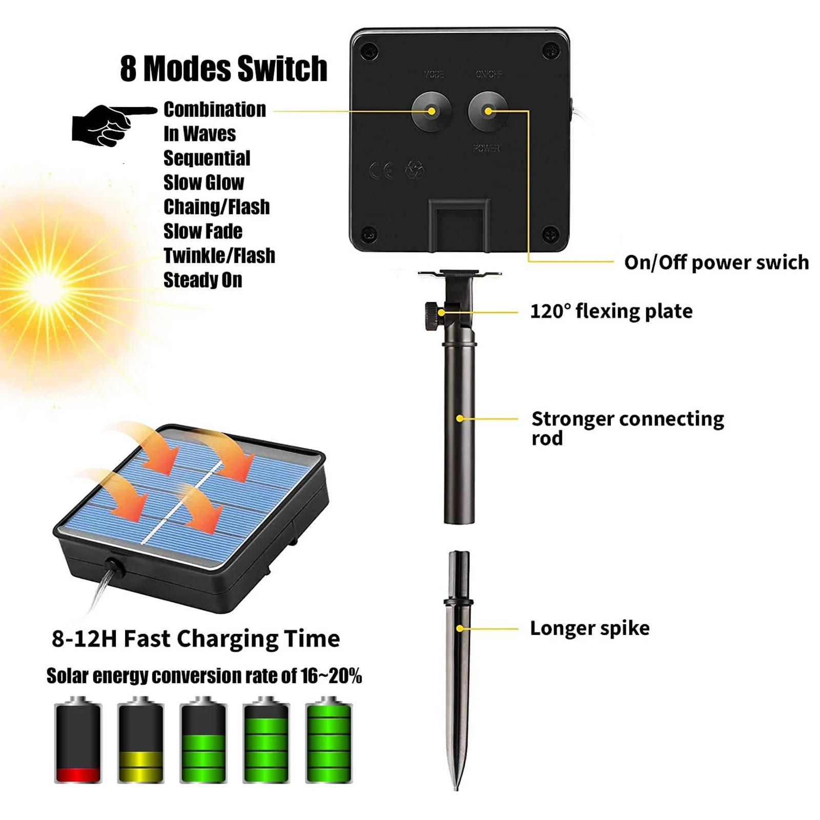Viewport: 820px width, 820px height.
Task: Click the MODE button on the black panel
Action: pos(432,111)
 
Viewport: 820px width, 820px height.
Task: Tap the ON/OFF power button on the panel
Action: pos(488,111)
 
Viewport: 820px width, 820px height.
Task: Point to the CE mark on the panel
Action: pos(382,170)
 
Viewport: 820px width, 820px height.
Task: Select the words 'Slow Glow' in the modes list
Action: pos(203,182)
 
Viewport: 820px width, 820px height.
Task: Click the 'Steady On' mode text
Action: pos(202,280)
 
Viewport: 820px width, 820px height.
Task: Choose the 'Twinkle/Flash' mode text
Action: pos(219,255)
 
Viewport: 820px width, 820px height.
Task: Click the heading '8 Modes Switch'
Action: pos(223,69)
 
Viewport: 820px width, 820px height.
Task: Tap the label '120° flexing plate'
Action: pos(611,311)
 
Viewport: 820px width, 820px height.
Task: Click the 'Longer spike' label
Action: pos(589,628)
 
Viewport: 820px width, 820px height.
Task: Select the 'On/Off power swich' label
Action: pos(716,262)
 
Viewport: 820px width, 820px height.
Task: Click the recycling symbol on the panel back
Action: pos(414,170)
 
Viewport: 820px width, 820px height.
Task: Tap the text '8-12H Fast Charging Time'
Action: pos(196,639)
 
